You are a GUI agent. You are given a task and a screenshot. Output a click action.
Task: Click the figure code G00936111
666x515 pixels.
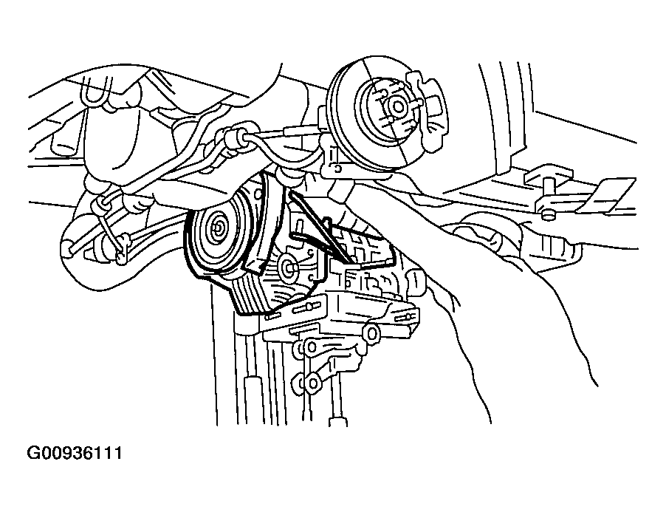click(x=75, y=453)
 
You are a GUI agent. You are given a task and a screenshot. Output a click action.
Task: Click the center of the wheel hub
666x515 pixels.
click(x=398, y=106)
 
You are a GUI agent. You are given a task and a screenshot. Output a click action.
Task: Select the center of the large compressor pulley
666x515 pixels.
click(x=219, y=230)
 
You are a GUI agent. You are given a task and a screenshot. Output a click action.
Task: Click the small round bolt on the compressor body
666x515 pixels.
click(x=289, y=267)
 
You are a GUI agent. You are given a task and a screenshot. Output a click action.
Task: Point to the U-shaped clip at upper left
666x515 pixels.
click(x=95, y=92)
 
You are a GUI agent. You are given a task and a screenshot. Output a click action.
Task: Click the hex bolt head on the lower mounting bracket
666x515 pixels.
click(x=372, y=332)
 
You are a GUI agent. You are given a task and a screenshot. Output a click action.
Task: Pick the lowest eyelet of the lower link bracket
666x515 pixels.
click(x=312, y=383)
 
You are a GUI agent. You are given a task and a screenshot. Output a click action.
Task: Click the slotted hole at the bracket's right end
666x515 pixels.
click(x=405, y=316)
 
